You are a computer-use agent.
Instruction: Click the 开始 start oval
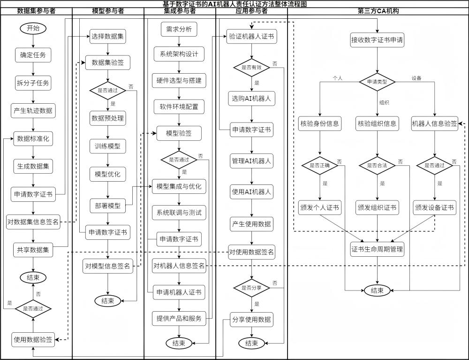[x=33, y=29]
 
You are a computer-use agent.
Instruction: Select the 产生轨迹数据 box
[x=33, y=111]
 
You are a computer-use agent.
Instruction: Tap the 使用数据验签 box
[x=33, y=340]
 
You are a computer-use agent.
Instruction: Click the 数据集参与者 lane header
[x=36, y=11]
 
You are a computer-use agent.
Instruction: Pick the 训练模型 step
[x=108, y=146]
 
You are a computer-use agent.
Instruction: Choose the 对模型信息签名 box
[x=107, y=266]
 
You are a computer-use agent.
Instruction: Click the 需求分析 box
[x=179, y=29]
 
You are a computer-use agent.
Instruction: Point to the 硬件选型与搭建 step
[x=179, y=81]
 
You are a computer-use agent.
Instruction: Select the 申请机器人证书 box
[x=179, y=292]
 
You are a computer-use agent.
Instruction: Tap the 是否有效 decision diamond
[x=251, y=67]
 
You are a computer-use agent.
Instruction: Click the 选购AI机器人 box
[x=251, y=99]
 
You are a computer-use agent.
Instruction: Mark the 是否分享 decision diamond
[x=251, y=288]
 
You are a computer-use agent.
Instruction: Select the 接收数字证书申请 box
[x=377, y=40]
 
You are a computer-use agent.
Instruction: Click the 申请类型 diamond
[x=377, y=82]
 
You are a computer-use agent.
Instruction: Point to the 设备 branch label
[x=416, y=78]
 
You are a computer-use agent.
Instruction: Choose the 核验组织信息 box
[x=377, y=123]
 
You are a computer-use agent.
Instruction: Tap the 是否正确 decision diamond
[x=320, y=165]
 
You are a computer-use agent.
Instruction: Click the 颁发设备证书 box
[x=434, y=207]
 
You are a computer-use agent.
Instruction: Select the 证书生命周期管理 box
[x=377, y=249]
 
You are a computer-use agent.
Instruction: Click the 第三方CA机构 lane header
[x=378, y=11]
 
